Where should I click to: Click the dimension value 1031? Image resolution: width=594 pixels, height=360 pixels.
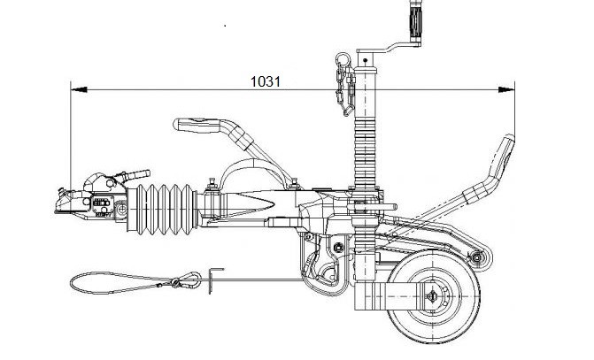point(266,80)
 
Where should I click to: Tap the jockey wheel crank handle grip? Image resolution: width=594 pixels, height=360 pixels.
point(413,16)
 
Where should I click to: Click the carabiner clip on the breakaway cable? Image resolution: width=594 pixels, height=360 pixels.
point(187,282)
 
